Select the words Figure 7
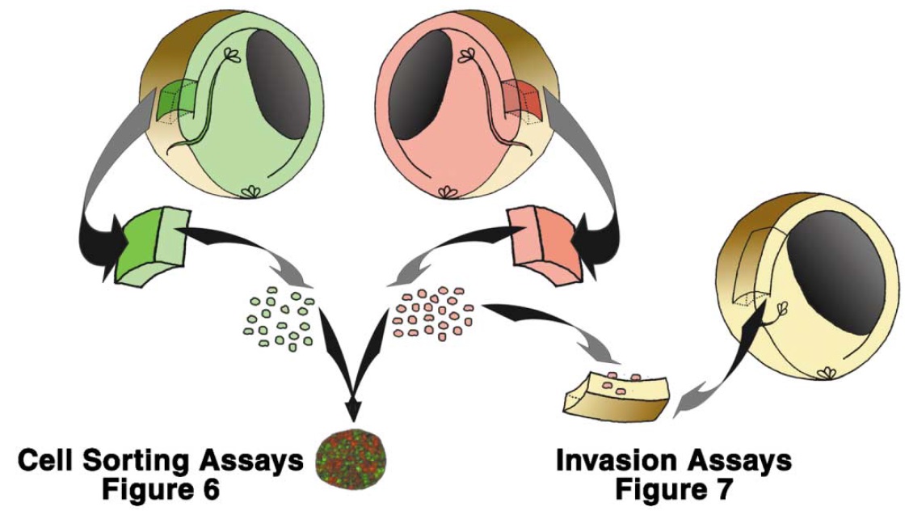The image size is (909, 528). click(x=673, y=490)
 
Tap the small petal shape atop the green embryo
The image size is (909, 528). click(x=233, y=56)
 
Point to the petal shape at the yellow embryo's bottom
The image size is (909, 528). click(x=825, y=374)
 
